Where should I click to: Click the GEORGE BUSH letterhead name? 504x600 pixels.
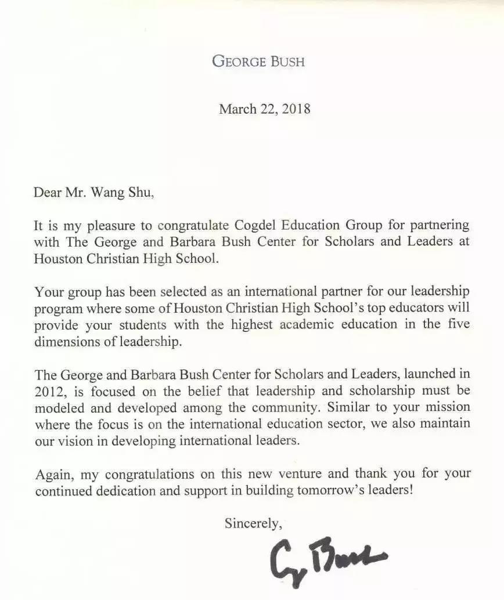[x=258, y=61]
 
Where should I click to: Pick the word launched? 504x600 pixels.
[x=424, y=374]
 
